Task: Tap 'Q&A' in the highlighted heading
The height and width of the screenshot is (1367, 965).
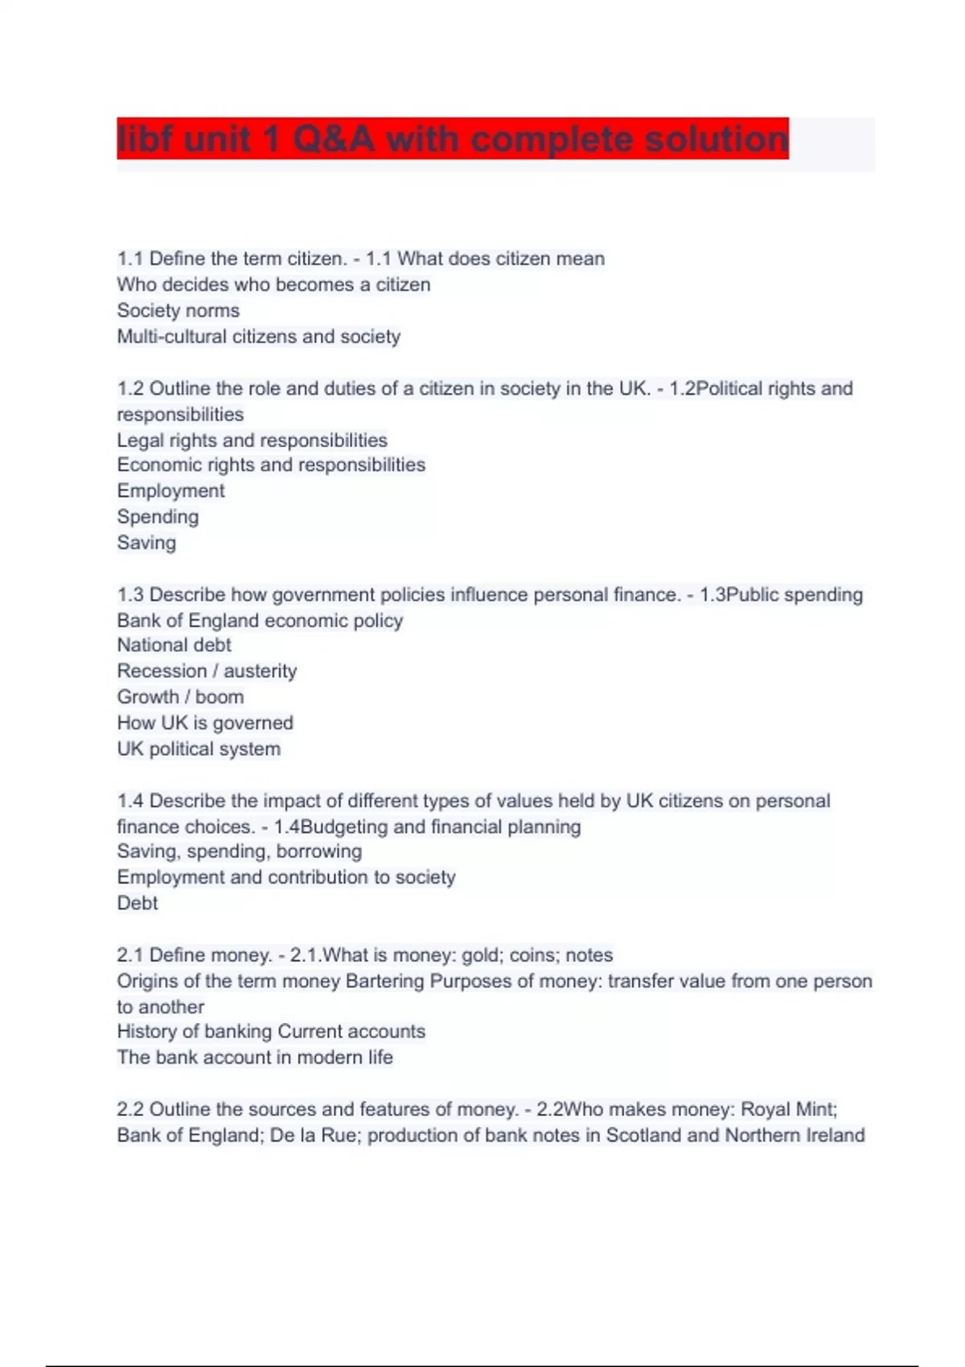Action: tap(333, 139)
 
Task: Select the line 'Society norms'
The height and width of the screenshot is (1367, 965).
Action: tap(178, 310)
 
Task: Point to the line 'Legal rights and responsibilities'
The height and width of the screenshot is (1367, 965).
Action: tap(252, 440)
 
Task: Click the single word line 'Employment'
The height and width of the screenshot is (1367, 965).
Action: tap(170, 491)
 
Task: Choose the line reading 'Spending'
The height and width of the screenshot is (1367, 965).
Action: tap(158, 516)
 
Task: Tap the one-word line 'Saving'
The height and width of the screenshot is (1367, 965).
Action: tap(146, 543)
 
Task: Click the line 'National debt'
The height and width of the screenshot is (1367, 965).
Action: tap(174, 645)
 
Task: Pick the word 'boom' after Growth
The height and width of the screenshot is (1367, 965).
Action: tap(219, 696)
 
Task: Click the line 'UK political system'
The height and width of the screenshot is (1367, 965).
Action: tap(199, 749)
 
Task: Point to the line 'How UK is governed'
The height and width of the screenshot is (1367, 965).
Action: tap(205, 723)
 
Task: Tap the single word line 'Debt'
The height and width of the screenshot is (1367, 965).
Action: tap(138, 903)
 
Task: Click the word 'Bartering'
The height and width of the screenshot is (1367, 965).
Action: tap(384, 981)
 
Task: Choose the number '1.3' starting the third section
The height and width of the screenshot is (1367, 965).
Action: tap(130, 595)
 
